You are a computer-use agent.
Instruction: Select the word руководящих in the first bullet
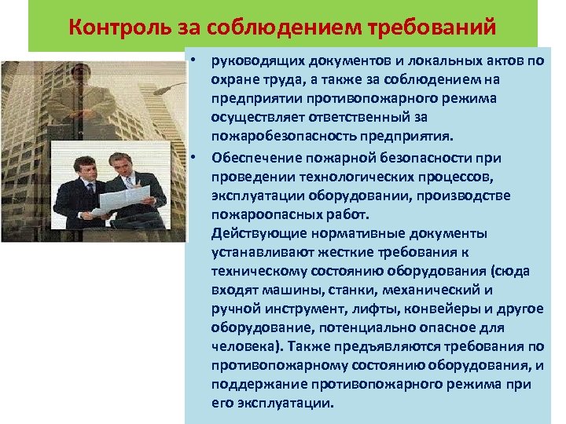(x=250, y=62)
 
